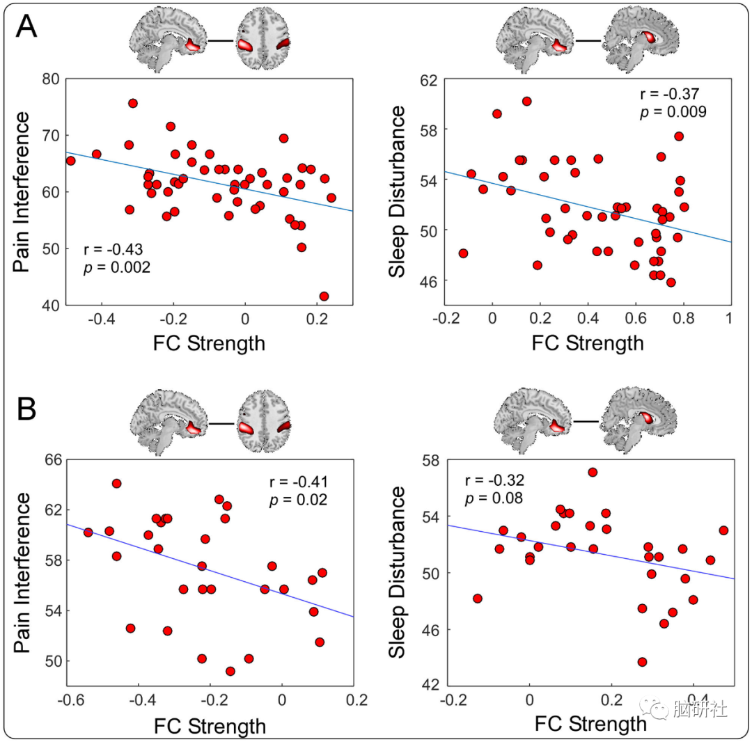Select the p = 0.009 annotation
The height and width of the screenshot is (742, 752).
tap(673, 111)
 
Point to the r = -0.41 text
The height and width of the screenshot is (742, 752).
tap(299, 482)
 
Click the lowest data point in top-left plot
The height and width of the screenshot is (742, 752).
tap(324, 297)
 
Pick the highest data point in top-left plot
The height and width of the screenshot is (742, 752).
tap(132, 103)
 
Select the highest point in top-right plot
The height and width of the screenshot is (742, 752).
tap(526, 101)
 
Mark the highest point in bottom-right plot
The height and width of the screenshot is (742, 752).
tap(593, 472)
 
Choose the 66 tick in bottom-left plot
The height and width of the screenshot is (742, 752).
tap(52, 459)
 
